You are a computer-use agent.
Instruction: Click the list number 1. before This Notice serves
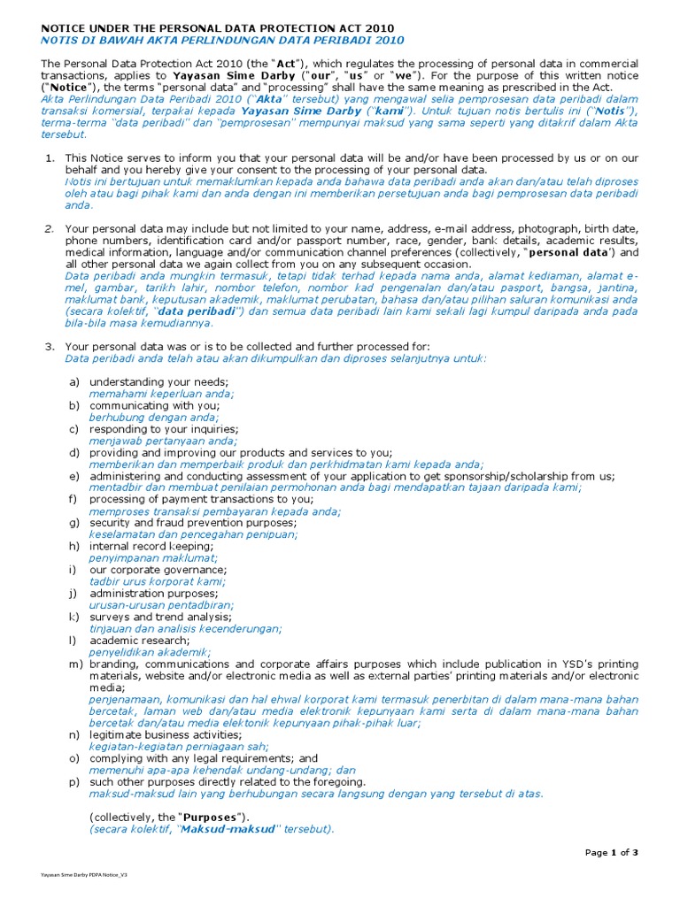(50, 157)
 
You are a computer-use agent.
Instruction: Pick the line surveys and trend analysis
(160, 617)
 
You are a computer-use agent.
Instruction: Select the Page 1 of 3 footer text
(612, 852)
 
